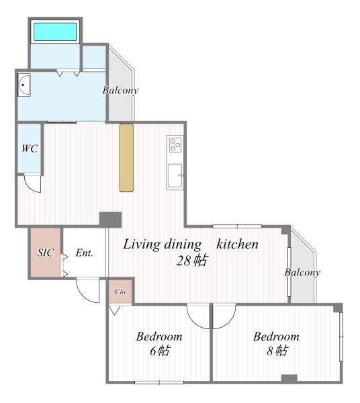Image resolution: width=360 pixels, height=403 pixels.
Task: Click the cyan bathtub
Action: [x=55, y=32]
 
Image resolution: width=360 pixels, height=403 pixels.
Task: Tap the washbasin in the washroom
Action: [x=24, y=85]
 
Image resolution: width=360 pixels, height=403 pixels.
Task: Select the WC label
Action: [x=30, y=148]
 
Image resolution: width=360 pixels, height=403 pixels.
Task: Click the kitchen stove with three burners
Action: [x=175, y=145]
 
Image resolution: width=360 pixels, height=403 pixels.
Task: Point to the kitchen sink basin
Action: [x=175, y=175]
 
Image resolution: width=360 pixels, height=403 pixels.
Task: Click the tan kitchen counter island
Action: [x=126, y=158]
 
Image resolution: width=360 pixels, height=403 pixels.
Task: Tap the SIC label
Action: [x=46, y=253]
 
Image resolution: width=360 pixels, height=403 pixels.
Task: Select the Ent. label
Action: [x=84, y=253]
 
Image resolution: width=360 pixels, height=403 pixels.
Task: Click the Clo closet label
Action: [x=120, y=292]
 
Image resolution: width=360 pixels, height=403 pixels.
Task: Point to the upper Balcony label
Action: [x=120, y=90]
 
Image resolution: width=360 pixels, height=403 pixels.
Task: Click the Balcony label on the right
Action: [x=302, y=273]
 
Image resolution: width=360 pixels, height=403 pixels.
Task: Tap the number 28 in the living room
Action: [x=183, y=261]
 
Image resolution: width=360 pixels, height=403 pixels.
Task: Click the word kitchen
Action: [x=237, y=244]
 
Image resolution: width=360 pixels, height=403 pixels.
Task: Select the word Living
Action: [x=142, y=244]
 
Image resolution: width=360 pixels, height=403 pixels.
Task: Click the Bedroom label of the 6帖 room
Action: [x=159, y=337]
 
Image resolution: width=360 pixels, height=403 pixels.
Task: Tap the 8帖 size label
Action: [x=277, y=351]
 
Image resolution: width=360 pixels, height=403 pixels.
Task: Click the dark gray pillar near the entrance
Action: [x=111, y=220]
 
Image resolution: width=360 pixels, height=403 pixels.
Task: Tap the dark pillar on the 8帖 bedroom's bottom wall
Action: [x=289, y=378]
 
